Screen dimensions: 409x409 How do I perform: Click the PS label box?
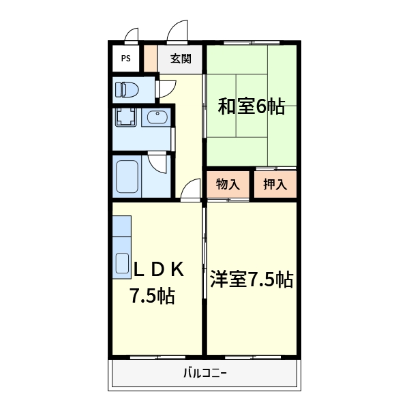pyautogui.click(x=125, y=58)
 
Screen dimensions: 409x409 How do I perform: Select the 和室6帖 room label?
pyautogui.click(x=251, y=107)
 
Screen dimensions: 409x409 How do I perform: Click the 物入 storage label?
pyautogui.click(x=228, y=184)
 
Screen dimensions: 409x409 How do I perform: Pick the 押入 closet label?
pyautogui.click(x=275, y=184)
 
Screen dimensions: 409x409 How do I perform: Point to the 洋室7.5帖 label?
pyautogui.click(x=252, y=279)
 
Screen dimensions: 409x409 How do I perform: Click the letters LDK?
pyautogui.click(x=158, y=269)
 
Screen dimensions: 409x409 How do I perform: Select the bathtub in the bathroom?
pyautogui.click(x=127, y=176)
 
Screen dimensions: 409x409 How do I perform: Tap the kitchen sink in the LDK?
pyautogui.click(x=122, y=263)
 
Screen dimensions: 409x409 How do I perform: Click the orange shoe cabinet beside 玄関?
pyautogui.click(x=149, y=58)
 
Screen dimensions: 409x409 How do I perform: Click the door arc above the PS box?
pyautogui.click(x=132, y=35)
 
